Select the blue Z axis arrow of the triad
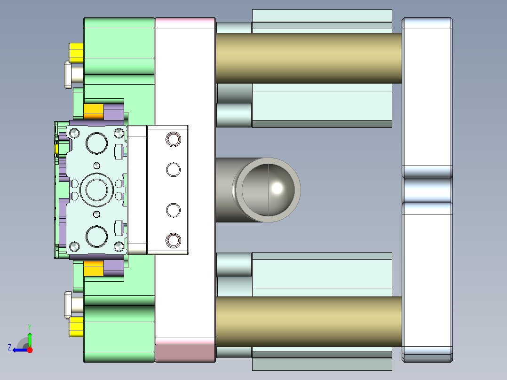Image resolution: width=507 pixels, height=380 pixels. pos(19,349)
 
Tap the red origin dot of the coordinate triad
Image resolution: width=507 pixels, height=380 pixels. pos(30,350)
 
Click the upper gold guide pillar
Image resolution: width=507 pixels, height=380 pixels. pos(309,58)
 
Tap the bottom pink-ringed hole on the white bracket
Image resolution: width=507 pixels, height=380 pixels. pos(173,240)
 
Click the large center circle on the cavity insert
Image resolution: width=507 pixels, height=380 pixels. pos(97,189)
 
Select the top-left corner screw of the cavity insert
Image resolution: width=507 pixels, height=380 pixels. pos(74,134)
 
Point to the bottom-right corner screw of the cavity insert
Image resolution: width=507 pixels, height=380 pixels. pos(119,245)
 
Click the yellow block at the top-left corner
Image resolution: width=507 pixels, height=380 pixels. pos(76,52)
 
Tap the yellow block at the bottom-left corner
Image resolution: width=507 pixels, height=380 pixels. pos(76,327)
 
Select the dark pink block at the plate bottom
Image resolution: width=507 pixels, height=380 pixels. pos(185,353)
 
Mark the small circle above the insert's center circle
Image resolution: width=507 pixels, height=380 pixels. pos(97,165)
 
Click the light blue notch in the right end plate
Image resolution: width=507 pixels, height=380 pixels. pos(427,190)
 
